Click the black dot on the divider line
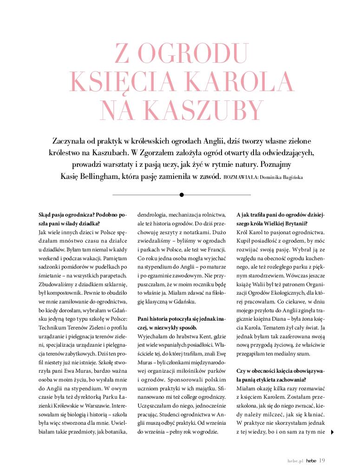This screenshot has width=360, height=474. coord(182,195)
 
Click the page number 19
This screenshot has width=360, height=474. coord(322,461)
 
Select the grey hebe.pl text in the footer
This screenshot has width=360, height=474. coord(295,461)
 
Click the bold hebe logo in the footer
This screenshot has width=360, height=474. coord(311,461)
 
